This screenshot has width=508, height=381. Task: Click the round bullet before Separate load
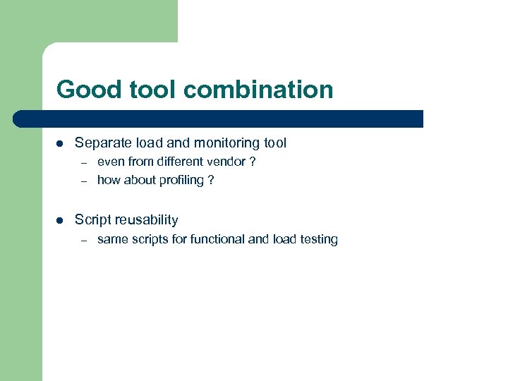click(60, 143)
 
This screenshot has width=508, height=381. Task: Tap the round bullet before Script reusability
click(60, 220)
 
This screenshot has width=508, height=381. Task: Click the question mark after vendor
click(252, 162)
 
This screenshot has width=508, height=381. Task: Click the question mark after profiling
click(210, 180)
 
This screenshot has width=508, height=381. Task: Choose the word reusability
click(145, 220)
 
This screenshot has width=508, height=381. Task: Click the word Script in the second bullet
click(91, 220)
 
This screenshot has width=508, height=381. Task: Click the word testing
click(319, 239)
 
